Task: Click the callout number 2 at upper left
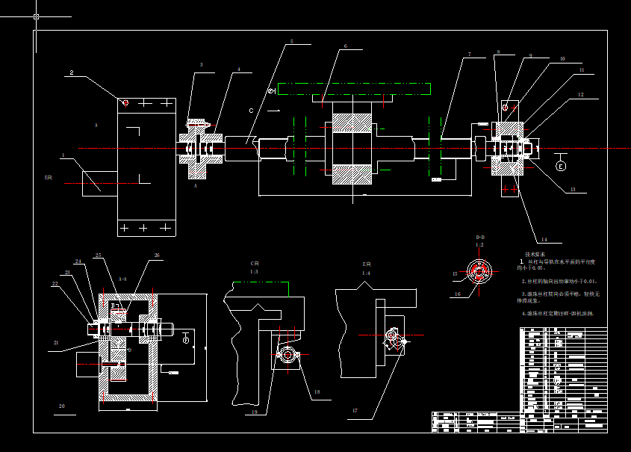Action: (x=72, y=73)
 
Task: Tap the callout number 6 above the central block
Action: (x=345, y=46)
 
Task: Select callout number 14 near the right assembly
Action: (x=544, y=240)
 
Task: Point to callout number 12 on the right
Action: (x=580, y=95)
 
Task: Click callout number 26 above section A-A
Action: (x=157, y=256)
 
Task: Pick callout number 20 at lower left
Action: (x=62, y=406)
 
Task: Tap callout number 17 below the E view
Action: (x=355, y=410)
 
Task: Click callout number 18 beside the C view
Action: (x=317, y=391)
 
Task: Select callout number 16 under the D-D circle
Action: (x=459, y=294)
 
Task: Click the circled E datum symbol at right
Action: (x=562, y=166)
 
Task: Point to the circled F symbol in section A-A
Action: (x=186, y=339)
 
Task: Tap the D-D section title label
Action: (x=480, y=237)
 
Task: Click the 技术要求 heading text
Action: (x=535, y=255)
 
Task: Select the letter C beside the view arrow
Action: (x=252, y=111)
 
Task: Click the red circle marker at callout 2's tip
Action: (x=125, y=102)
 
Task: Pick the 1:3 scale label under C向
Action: (x=254, y=271)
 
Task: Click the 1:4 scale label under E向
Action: (x=367, y=273)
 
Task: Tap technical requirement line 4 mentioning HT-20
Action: (x=557, y=314)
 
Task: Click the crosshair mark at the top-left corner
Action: (x=37, y=16)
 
